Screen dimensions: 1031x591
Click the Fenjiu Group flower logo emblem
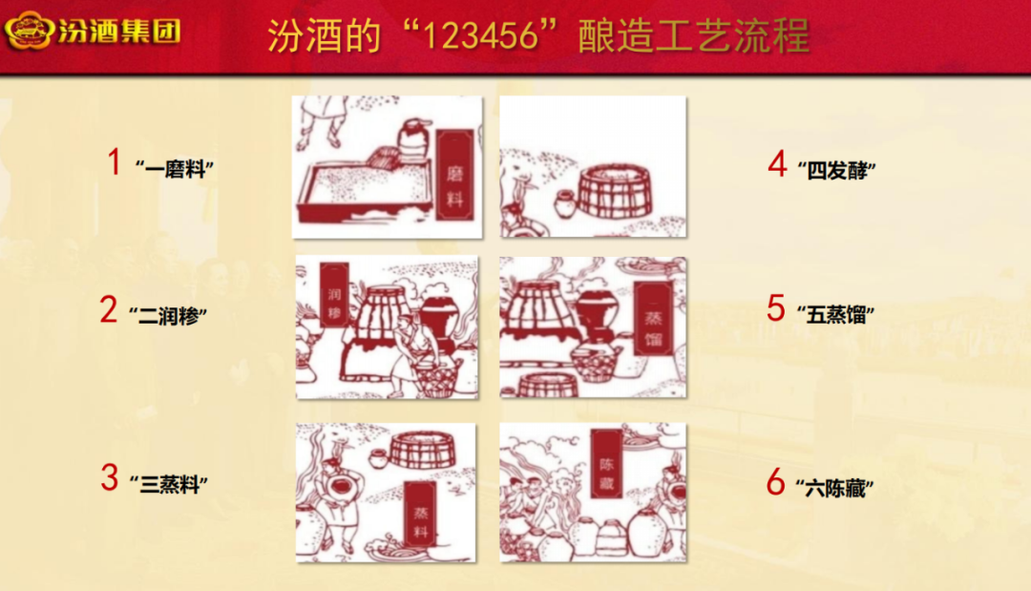coord(29,31)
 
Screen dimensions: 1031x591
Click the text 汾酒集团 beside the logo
coord(119,31)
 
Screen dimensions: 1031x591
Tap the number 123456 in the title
coord(480,35)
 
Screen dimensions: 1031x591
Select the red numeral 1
coord(115,161)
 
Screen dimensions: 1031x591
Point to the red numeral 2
coord(109,309)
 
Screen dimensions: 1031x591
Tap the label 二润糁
coord(168,316)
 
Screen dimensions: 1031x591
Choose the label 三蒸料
coord(169,485)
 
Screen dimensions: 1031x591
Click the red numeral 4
coord(778,163)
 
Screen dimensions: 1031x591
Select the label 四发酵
coord(837,170)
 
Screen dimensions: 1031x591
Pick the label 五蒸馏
coord(835,315)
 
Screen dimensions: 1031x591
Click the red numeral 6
coord(776,482)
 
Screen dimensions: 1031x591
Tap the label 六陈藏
coord(835,489)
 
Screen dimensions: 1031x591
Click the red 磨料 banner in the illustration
coord(455,175)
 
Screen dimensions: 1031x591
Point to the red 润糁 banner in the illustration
coord(334,294)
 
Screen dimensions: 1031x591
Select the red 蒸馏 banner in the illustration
coord(654,318)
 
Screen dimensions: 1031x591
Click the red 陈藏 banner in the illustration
coord(606,464)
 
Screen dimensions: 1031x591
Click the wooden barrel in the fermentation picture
coord(614,191)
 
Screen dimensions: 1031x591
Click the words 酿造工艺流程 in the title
coord(694,35)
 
